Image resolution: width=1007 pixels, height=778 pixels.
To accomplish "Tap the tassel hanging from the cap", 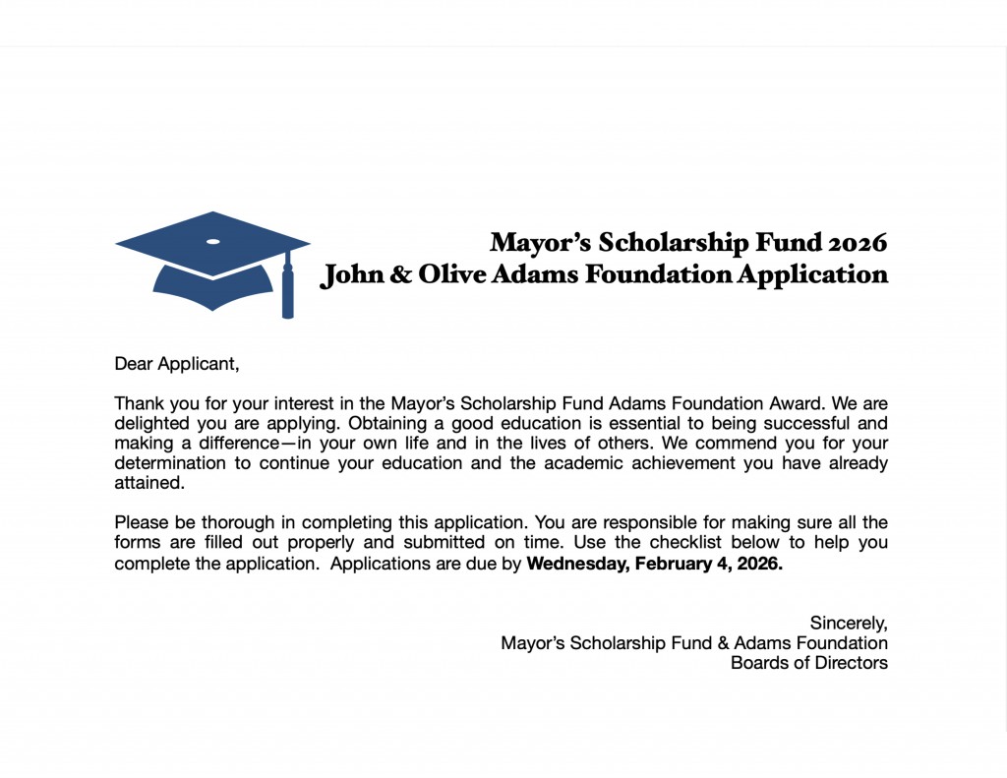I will coord(288,291).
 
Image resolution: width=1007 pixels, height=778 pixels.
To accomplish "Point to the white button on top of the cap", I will coord(212,241).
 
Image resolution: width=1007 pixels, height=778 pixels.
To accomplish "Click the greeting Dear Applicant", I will coord(177,364).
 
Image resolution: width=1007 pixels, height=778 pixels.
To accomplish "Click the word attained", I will coord(149,483).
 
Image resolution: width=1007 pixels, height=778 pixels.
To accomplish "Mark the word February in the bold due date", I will coord(676,564).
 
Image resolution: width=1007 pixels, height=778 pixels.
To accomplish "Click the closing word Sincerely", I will coord(849,623).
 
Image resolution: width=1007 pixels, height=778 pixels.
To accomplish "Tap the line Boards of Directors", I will coord(809,663).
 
